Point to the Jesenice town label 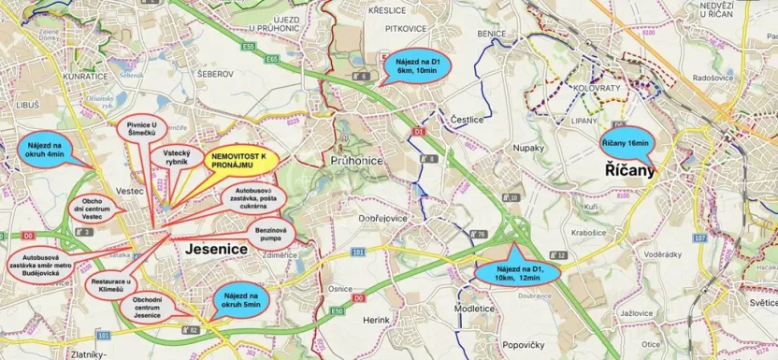(x=215, y=250)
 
